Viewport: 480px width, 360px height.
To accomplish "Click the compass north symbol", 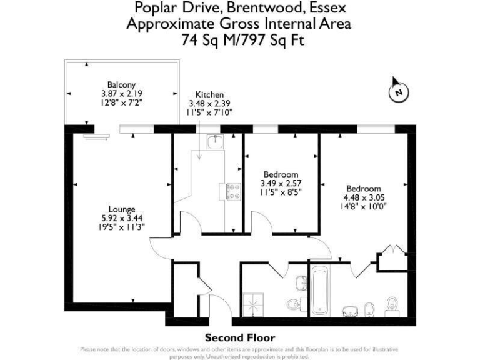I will click(x=398, y=92).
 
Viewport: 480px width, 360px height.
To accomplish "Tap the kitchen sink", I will click(x=214, y=142).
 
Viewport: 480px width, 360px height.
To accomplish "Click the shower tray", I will click(x=254, y=303).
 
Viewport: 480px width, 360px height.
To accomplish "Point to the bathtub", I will click(x=319, y=291).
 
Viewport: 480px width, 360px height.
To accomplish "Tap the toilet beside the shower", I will click(x=294, y=305).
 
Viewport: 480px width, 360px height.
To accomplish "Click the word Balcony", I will click(x=121, y=85).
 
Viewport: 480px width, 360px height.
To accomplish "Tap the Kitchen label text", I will click(x=209, y=94).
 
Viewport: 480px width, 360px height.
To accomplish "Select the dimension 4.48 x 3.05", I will click(x=364, y=198).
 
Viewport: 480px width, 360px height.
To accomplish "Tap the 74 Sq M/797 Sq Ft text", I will click(x=239, y=40).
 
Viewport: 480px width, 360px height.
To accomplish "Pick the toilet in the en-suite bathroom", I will click(x=392, y=306).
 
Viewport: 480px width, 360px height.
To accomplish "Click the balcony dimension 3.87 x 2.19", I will click(x=121, y=94).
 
